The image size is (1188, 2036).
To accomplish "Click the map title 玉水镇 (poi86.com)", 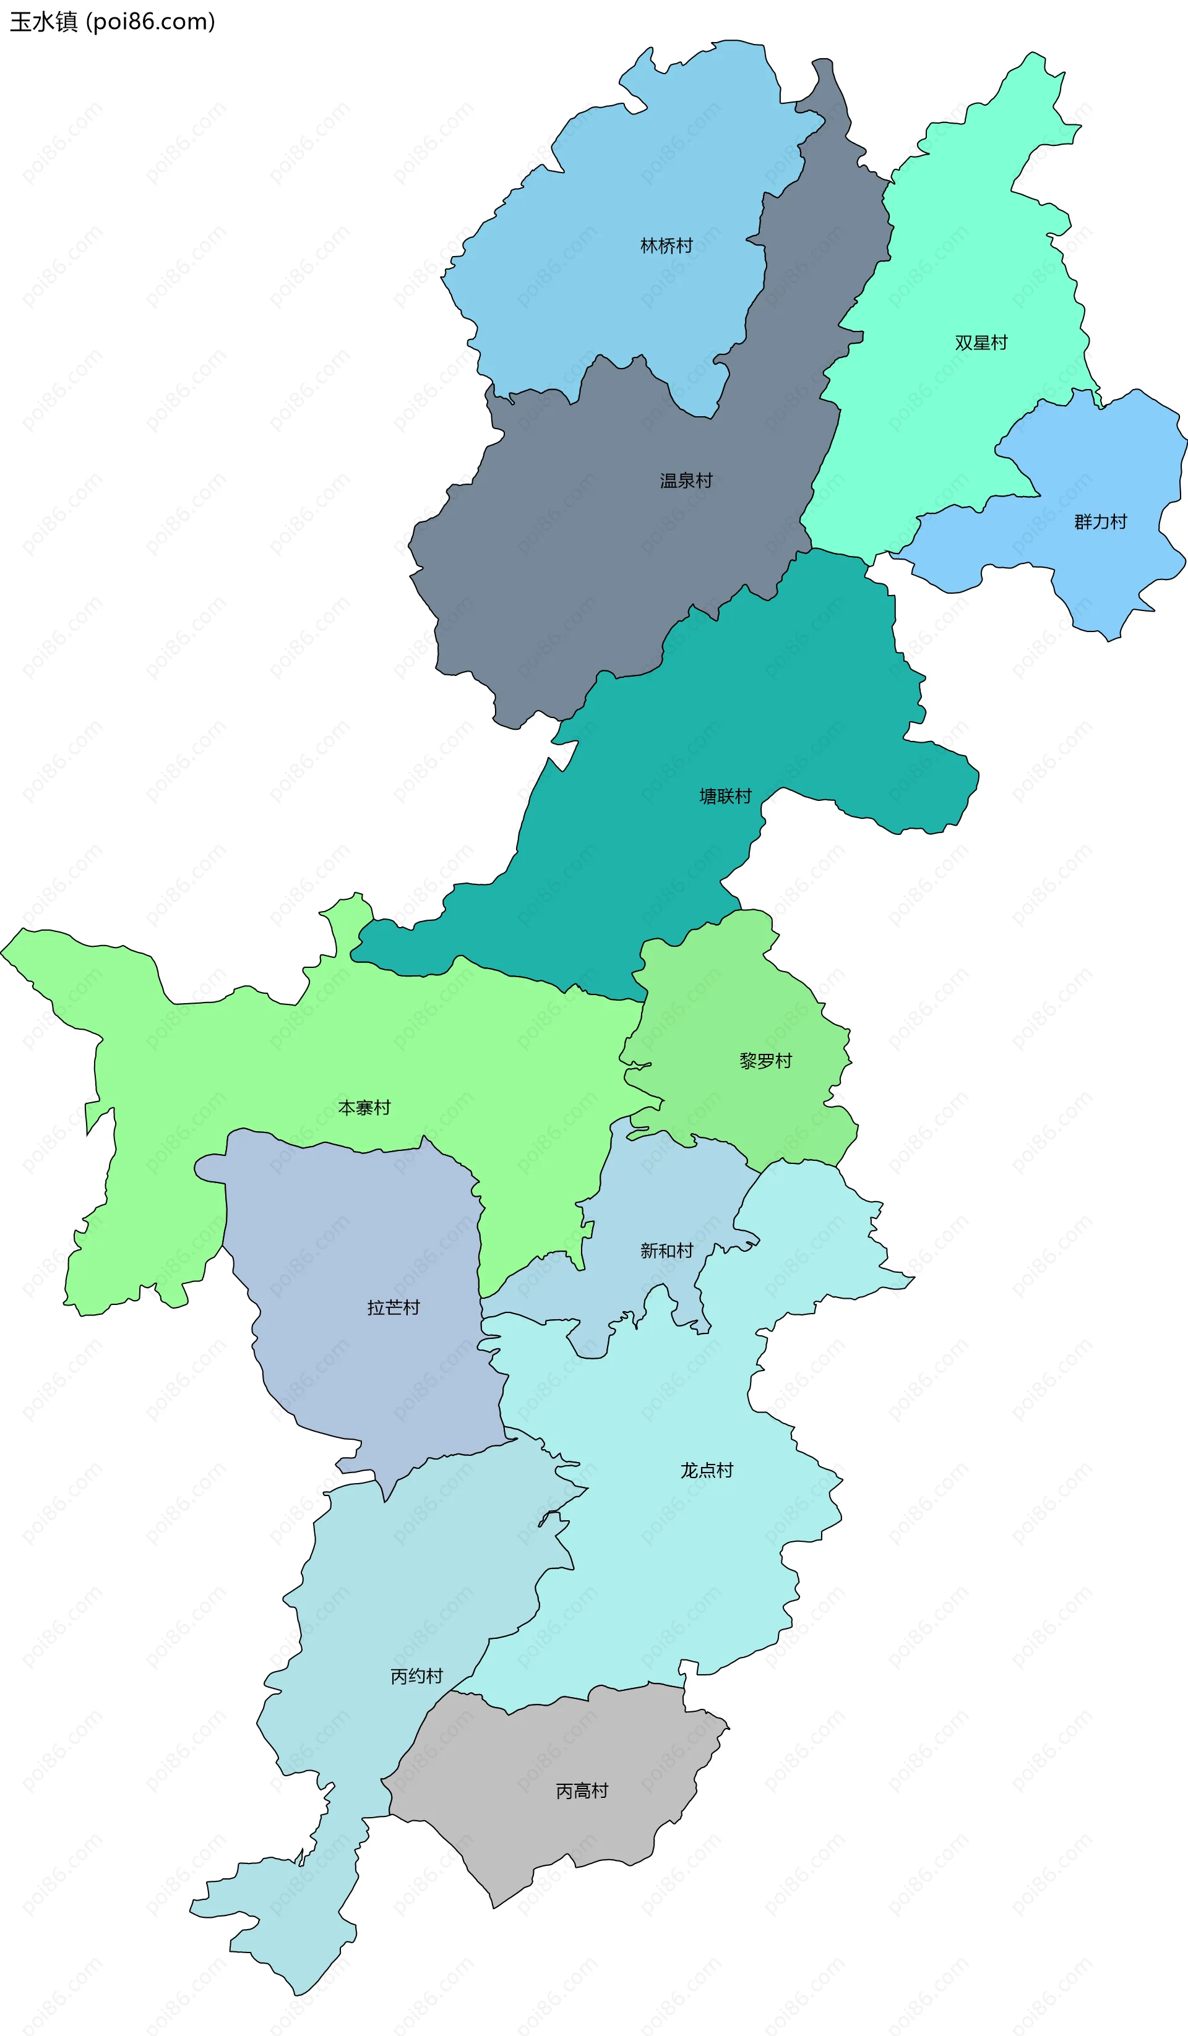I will (113, 22).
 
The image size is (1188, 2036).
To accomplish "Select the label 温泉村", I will (686, 481).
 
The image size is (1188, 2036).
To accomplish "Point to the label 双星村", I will (981, 343).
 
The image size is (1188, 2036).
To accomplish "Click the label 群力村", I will (1100, 522).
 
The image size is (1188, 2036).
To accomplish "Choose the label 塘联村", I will (725, 797).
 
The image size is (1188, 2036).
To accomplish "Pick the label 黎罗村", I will (765, 1061).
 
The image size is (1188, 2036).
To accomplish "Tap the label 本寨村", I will (364, 1108).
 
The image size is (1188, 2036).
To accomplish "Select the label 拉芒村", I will (393, 1307).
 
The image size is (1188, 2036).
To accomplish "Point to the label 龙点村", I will (707, 1471).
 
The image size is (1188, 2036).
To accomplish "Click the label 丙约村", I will (417, 1677).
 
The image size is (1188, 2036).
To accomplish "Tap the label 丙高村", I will (582, 1791).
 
